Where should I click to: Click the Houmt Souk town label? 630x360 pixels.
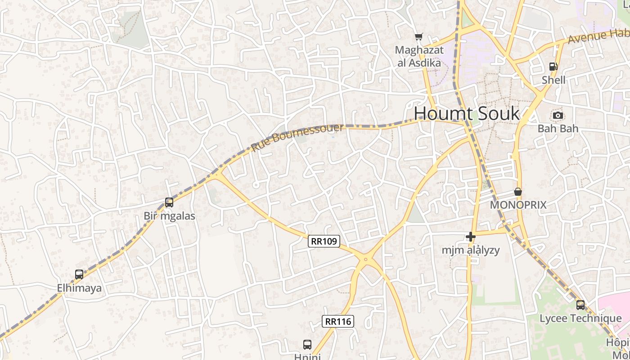467,113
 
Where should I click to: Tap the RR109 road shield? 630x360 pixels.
324,241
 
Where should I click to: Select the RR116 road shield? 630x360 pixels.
338,321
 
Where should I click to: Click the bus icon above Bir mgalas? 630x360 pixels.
169,202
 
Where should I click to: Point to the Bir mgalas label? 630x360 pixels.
170,216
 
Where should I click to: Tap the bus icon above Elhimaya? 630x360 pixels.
79,274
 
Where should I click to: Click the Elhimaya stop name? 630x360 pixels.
79,288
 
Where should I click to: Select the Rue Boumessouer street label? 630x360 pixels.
297,137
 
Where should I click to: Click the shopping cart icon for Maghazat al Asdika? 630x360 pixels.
419,37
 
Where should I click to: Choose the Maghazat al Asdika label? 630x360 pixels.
419,56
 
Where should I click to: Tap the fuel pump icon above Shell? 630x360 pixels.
553,67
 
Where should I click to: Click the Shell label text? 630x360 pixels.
553,80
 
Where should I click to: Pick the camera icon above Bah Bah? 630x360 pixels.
558,115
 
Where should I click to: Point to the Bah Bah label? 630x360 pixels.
558,129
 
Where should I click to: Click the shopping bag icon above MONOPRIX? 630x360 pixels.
518,192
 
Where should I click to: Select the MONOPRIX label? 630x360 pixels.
518,205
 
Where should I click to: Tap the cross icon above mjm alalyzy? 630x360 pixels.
471,236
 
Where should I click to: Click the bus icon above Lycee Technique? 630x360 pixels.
580,305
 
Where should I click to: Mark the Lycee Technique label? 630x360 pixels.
580,319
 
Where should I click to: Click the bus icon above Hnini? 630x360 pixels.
307,345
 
